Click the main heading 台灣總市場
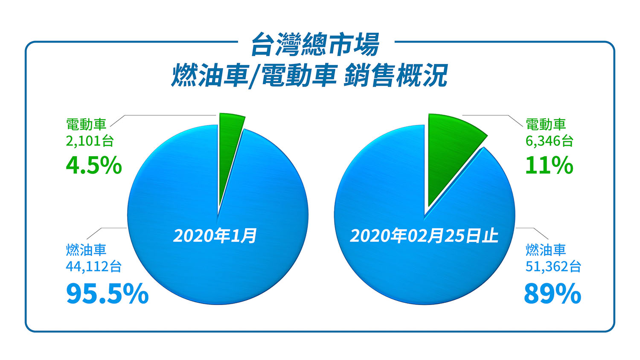click(315, 44)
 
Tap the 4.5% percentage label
click(94, 165)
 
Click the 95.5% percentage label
click(107, 293)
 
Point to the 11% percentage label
click(549, 165)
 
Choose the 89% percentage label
click(553, 293)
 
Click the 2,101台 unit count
click(90, 141)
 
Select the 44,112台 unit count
click(94, 266)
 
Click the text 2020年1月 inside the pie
click(215, 236)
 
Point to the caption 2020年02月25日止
click(424, 236)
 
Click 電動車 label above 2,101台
click(86, 125)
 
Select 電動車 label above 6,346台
click(546, 125)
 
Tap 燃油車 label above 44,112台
click(86, 250)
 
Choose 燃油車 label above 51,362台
click(546, 250)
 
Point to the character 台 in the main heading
click(263, 44)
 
